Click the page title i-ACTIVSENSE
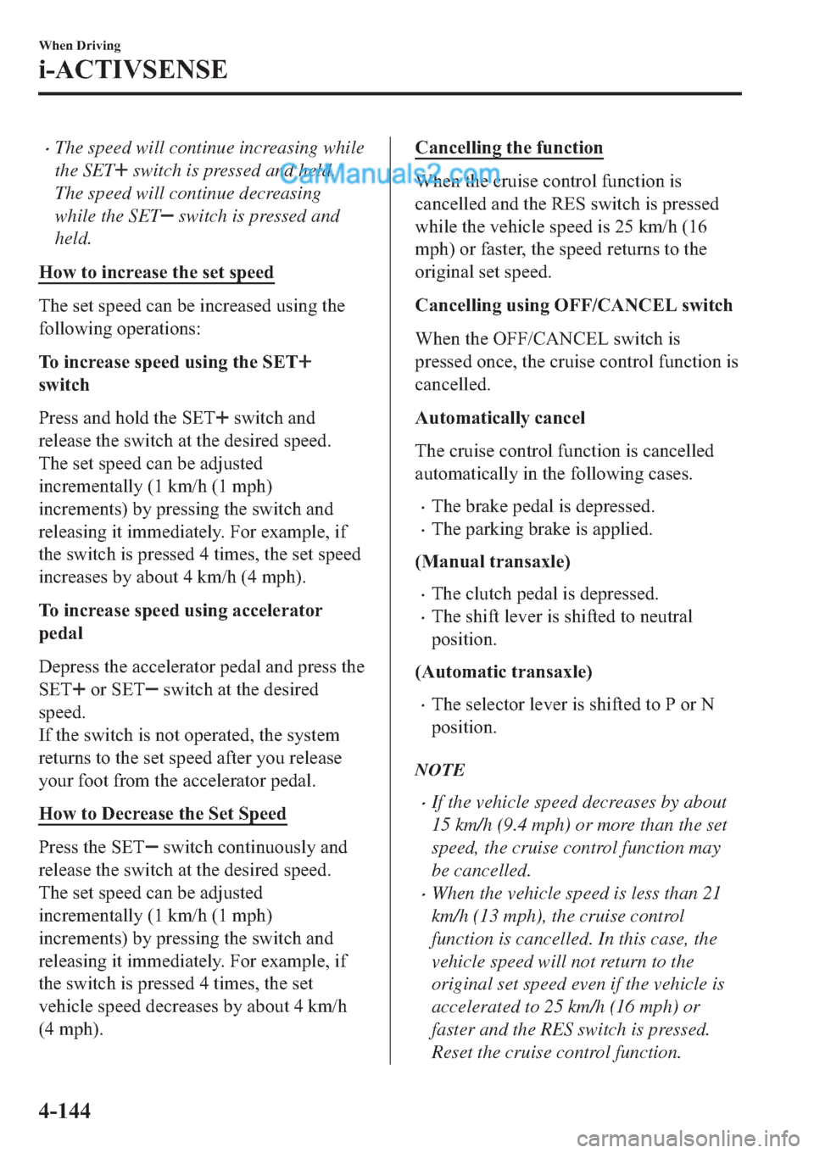click(133, 70)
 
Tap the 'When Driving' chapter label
click(80, 46)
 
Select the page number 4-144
click(64, 1111)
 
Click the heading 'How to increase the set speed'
click(157, 273)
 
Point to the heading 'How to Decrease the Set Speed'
click(163, 814)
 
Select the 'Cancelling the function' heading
click(509, 148)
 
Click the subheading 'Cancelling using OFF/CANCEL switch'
click(573, 306)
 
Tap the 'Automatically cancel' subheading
click(500, 418)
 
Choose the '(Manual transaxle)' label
click(493, 562)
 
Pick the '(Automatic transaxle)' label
click(504, 672)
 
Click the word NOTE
click(440, 771)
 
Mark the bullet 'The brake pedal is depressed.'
click(543, 507)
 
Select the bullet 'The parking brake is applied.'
click(542, 530)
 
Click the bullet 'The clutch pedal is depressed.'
click(544, 594)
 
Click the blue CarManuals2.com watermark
click(390, 175)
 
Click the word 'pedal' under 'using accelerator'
click(61, 634)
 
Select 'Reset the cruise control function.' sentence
click(556, 1053)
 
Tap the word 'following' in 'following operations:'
click(75, 329)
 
